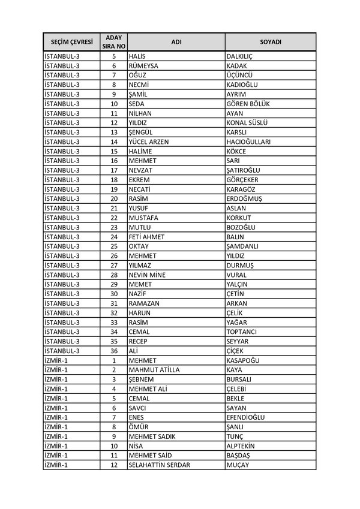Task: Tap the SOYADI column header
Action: (271, 42)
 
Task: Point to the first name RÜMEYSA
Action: (143, 66)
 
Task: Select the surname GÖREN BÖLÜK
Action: (248, 104)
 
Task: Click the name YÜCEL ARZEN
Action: (149, 142)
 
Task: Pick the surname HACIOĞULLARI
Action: (248, 142)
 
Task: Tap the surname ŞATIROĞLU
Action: (243, 170)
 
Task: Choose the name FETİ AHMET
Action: (146, 237)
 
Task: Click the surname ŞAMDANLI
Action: (242, 246)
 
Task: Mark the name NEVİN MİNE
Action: (147, 275)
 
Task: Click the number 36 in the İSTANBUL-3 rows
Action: (113, 351)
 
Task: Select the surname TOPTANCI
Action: (241, 332)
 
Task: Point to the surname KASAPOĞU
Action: (243, 360)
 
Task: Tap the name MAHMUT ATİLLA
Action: (154, 370)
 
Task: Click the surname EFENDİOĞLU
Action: (245, 417)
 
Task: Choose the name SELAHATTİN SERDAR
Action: (160, 465)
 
